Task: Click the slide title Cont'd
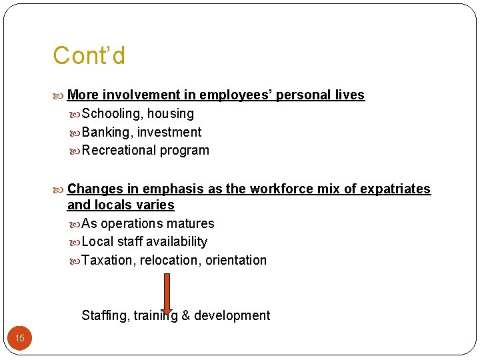(x=89, y=56)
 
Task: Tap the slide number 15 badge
(x=20, y=339)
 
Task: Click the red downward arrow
(x=167, y=293)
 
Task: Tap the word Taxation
(x=107, y=261)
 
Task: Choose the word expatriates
(x=395, y=189)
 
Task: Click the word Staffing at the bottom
(x=103, y=316)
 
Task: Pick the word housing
(x=171, y=114)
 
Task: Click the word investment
(x=169, y=133)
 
